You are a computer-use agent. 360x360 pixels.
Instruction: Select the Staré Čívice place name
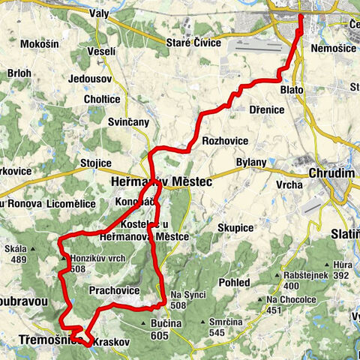(195, 43)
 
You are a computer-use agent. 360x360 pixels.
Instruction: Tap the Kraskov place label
(112, 341)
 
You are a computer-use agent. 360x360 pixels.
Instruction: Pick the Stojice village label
(95, 163)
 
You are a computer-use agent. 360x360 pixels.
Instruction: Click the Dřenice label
(266, 109)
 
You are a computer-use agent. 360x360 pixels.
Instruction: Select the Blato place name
(292, 89)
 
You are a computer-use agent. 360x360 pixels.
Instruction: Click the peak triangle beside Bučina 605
(143, 324)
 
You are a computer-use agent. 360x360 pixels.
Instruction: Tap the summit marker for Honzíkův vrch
(63, 259)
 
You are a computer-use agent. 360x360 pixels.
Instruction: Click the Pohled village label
(235, 282)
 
